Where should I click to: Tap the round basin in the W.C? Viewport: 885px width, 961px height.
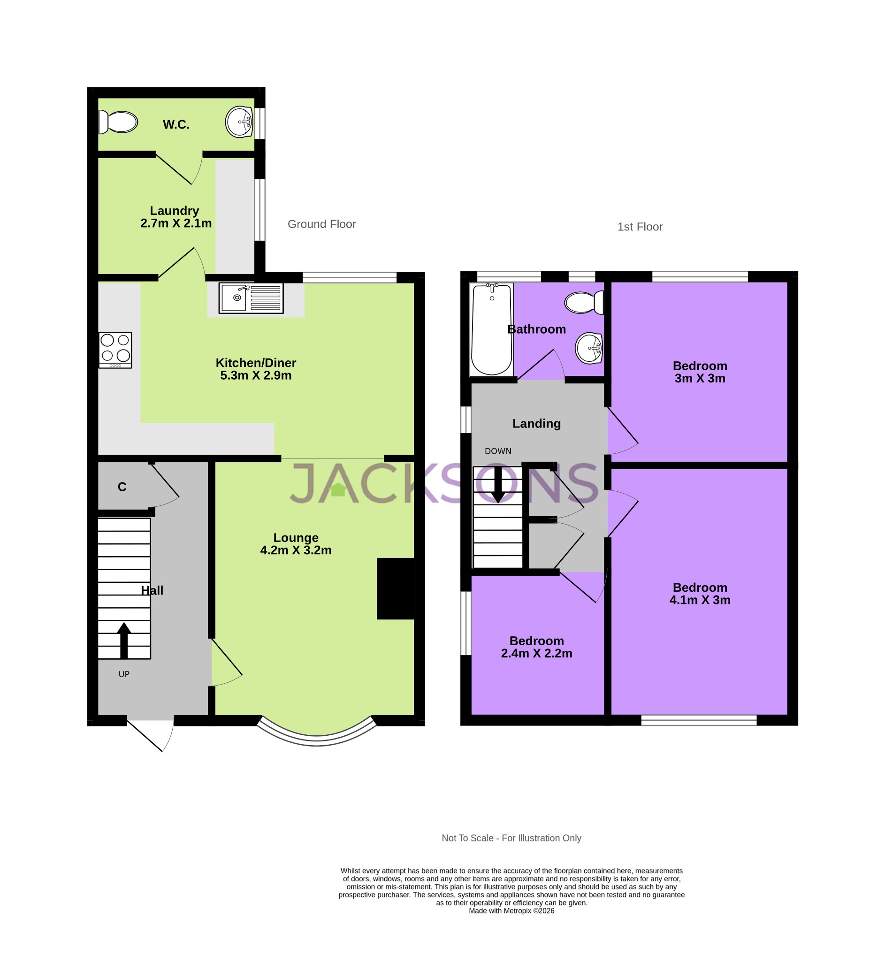pos(239,122)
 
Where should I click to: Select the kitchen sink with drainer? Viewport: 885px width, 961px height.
pos(251,298)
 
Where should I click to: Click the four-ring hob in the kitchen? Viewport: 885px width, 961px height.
pos(115,350)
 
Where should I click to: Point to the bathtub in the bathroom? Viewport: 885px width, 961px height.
pos(492,330)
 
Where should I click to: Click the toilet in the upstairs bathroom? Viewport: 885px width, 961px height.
pos(584,303)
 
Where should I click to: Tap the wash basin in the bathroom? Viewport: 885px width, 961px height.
pos(588,348)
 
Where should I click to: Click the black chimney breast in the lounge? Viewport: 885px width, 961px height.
pos(395,588)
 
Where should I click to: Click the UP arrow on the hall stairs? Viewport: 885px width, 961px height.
pos(124,640)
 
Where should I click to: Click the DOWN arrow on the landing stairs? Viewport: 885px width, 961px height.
pos(498,485)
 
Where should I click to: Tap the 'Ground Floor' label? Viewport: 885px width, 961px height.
pos(321,224)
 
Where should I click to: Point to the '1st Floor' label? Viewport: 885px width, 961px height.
pos(639,227)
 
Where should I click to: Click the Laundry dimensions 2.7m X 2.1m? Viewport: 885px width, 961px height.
pos(176,224)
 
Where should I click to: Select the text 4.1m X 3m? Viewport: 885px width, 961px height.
pos(700,601)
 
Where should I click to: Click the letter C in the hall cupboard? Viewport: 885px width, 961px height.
pos(122,487)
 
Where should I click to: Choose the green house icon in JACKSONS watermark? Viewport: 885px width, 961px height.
pos(338,489)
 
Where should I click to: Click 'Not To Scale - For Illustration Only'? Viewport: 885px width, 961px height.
pos(511,838)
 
